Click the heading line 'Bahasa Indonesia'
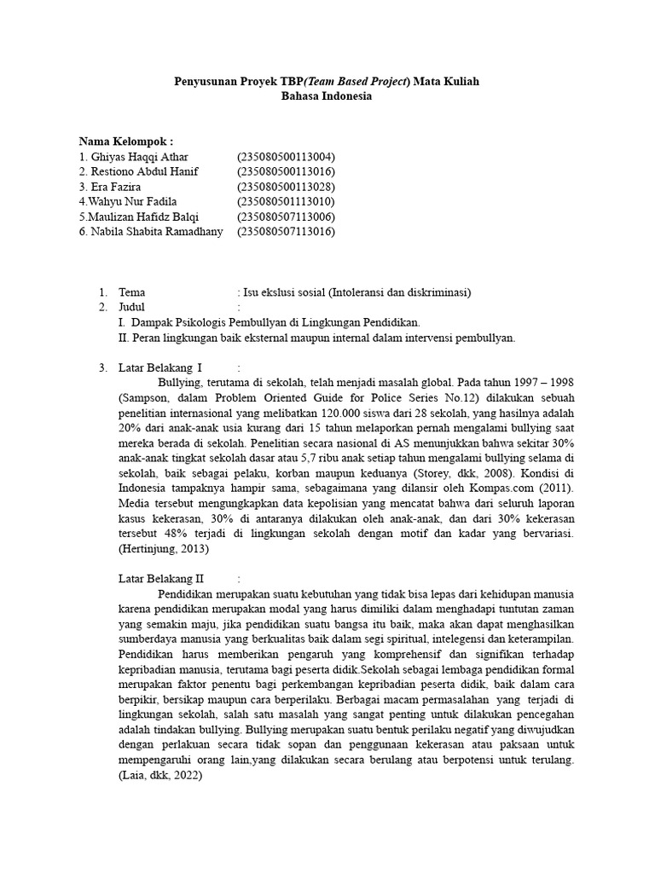(327, 96)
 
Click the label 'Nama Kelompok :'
(126, 142)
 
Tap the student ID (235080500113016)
(286, 171)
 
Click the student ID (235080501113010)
(286, 201)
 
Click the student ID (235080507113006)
(286, 217)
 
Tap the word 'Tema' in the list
(131, 292)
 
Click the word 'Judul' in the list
(132, 307)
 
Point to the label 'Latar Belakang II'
(161, 579)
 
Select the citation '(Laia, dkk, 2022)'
(159, 778)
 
